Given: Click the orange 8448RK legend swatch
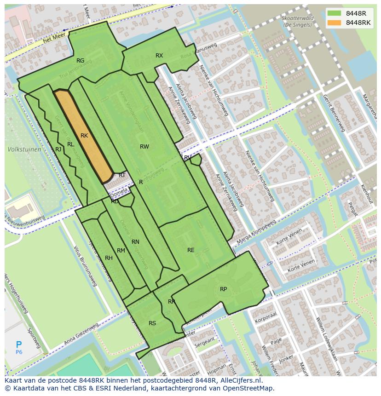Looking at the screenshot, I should pos(335,23).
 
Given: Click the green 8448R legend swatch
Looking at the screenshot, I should pos(335,13).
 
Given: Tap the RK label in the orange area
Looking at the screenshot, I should pos(84,136).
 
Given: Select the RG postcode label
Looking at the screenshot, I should pos(80,61).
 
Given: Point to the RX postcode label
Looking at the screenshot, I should pos(159,56).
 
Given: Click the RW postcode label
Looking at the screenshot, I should pos(144,147).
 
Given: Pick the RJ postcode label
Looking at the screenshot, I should pos(58,149).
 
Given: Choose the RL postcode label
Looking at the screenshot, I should pos(70,144).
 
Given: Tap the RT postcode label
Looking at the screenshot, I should pos(122,175).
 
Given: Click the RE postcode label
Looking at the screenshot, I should pos(190,250).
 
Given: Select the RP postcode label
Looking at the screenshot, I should pos(223,289).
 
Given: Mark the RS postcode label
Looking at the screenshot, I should pos(152,323).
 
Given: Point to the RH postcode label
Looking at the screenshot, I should pos(109,258).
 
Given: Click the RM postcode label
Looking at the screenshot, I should pos(121,251).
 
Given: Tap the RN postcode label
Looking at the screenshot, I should pos(135,242).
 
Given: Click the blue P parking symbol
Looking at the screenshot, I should pos(19,344).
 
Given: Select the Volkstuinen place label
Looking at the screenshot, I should pos(24,149).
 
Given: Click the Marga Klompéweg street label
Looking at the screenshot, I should pos(256,232).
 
